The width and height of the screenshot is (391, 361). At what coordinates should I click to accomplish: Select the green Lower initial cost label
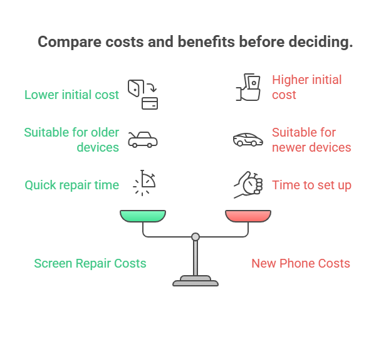coord(71,95)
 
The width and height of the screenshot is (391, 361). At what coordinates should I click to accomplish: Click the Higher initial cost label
coord(306,87)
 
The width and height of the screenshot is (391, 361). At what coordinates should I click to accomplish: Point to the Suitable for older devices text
coord(71,140)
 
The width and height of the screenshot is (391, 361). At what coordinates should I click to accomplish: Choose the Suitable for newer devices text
coord(311,140)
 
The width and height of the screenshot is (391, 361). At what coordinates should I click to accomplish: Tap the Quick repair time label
coord(72,185)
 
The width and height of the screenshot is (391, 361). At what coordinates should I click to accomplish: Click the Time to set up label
coord(311,185)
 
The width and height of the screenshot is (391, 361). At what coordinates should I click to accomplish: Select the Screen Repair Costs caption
coord(90,263)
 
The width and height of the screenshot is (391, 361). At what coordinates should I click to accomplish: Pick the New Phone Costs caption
coord(301,263)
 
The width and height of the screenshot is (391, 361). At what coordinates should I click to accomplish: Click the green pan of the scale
coord(143,216)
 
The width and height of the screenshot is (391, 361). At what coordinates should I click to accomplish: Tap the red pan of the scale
coord(248,216)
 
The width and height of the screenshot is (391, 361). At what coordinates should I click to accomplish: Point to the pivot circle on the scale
coord(195,237)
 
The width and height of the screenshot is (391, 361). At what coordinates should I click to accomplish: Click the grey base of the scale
coord(195,281)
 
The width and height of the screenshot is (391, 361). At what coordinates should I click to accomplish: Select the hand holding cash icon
coord(248,87)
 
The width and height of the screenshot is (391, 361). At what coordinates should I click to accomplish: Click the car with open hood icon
coord(143,140)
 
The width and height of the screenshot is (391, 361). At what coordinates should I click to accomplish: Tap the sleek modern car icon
coord(248,140)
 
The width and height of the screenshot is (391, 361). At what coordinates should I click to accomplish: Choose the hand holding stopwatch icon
coord(248,185)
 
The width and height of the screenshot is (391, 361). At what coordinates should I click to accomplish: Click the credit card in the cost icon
coord(150,103)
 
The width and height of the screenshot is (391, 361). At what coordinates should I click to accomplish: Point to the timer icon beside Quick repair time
coord(145,183)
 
